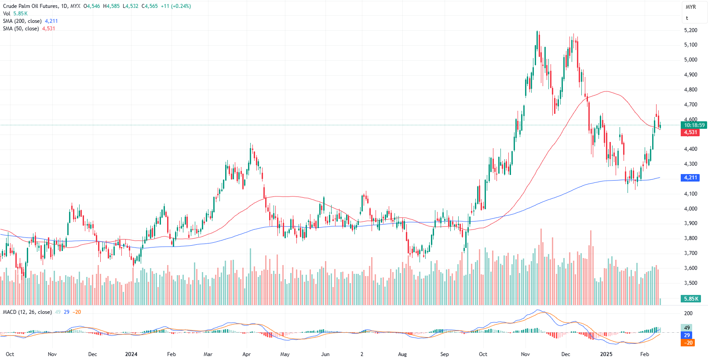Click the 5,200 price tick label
[690, 30]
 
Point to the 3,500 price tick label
[690, 283]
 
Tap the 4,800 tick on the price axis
[690, 90]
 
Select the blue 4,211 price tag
[690, 178]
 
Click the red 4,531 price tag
[690, 132]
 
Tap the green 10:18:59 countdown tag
[694, 125]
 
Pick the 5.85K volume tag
[691, 299]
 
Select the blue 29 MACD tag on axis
[687, 335]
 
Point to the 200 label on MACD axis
[688, 313]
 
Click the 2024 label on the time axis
[131, 354]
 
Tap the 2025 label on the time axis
[606, 354]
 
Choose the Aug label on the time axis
[402, 354]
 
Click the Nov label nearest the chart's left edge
[52, 354]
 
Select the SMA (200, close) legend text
[22, 21]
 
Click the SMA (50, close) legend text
[21, 29]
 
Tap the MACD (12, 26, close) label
[27, 312]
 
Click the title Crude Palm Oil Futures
[30, 6]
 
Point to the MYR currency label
[691, 7]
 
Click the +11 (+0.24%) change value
[176, 6]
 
